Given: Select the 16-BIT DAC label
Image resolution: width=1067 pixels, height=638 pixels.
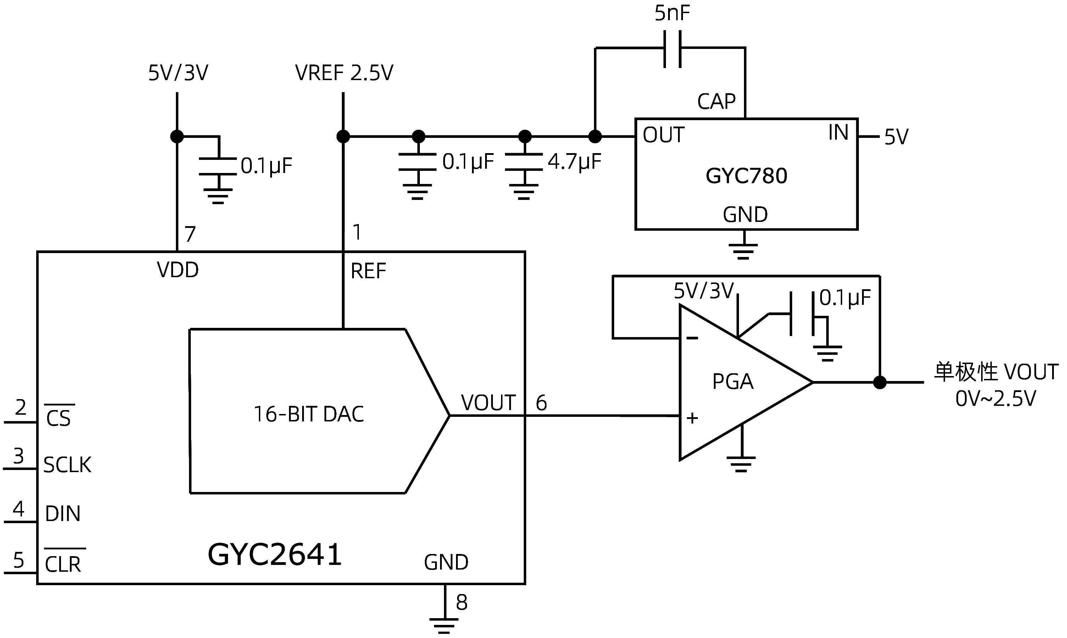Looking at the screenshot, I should (x=309, y=414).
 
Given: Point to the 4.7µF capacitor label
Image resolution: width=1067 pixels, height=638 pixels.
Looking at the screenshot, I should (x=574, y=162).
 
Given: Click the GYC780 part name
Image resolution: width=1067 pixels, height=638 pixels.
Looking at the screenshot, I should (x=746, y=176).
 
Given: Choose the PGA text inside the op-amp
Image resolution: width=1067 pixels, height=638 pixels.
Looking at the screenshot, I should (x=732, y=382).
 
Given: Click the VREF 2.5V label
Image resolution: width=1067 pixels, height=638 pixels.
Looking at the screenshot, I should (x=344, y=73).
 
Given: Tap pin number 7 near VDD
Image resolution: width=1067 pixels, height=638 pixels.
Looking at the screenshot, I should (x=190, y=234).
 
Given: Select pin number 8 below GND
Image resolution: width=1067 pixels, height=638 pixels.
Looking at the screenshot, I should (x=461, y=602).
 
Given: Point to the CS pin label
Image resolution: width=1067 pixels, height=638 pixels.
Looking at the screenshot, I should (x=59, y=418).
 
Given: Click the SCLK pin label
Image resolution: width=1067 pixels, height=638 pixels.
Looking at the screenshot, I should (x=67, y=465).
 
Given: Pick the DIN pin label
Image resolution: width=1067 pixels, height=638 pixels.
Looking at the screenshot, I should (x=63, y=514).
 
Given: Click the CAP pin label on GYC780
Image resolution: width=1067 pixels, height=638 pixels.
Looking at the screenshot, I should (x=716, y=102).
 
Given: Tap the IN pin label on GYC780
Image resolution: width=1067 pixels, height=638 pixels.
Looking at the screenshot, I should (x=838, y=133).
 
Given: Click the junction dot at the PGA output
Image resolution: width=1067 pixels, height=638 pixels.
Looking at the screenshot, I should (x=880, y=382).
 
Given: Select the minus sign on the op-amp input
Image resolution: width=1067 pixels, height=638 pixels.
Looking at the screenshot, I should (x=692, y=338).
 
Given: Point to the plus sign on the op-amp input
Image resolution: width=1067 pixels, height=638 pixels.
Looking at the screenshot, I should (x=692, y=418).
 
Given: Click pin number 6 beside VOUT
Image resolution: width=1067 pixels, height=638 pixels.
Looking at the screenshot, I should (x=541, y=403).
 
